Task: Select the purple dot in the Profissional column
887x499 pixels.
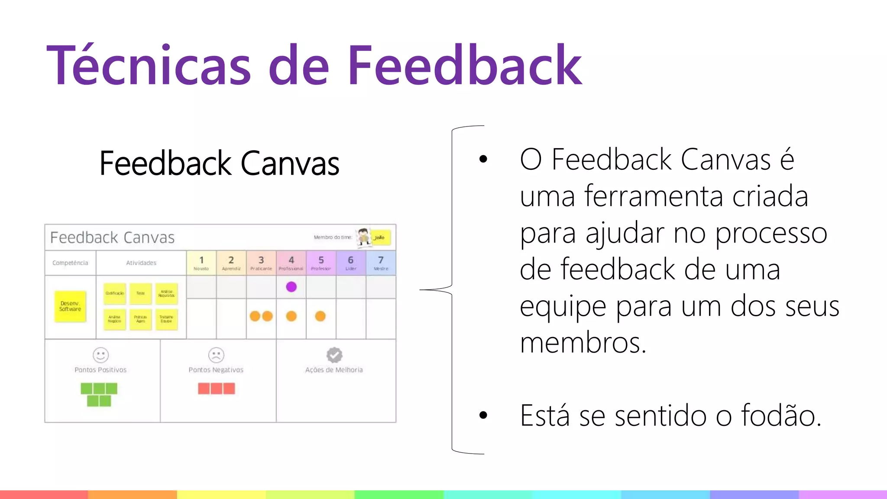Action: click(291, 287)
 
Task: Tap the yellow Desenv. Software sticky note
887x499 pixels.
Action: click(70, 306)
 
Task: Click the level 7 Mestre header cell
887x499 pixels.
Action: click(381, 262)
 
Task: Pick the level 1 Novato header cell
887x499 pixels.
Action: click(201, 262)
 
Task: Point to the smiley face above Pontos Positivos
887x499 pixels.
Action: click(100, 355)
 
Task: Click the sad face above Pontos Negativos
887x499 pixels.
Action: click(216, 355)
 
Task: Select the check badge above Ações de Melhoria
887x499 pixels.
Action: click(334, 355)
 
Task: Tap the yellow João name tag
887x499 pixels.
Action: click(380, 237)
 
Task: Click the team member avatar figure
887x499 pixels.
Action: click(364, 237)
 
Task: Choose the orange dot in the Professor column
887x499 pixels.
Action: click(320, 316)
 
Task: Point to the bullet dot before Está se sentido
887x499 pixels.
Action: click(483, 415)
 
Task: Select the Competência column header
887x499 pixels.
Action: click(70, 263)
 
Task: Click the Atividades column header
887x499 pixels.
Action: click(141, 263)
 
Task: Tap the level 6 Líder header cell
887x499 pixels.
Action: click(351, 262)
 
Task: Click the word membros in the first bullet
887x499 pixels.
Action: click(583, 343)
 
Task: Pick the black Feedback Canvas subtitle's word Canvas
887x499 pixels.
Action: click(290, 163)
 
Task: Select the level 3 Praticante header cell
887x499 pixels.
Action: click(261, 262)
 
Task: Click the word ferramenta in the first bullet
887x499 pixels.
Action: click(654, 196)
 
